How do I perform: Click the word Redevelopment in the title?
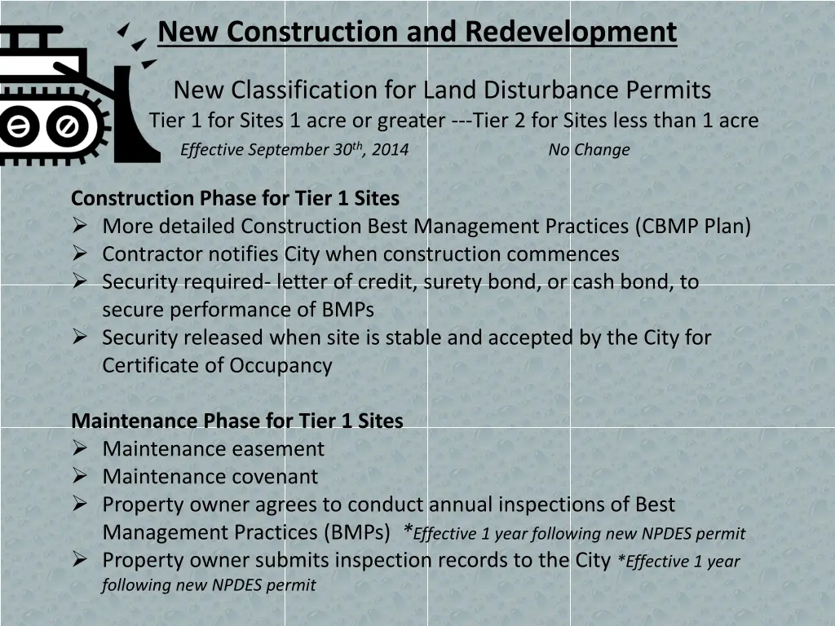point(571,32)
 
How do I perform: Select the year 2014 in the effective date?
point(391,150)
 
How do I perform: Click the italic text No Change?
point(589,150)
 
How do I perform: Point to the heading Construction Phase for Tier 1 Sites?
point(235,198)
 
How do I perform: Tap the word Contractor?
point(152,254)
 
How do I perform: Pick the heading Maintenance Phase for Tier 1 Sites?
point(237,421)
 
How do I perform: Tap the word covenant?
point(275,476)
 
